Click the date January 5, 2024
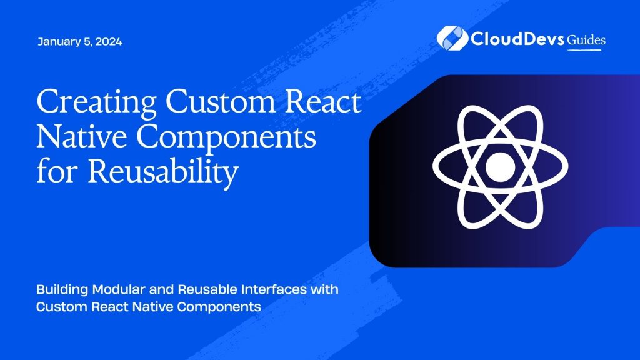pos(79,42)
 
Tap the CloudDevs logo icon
pos(448,38)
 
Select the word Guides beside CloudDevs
pos(586,40)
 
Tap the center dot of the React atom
pos(499,166)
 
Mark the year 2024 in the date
pos(109,42)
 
